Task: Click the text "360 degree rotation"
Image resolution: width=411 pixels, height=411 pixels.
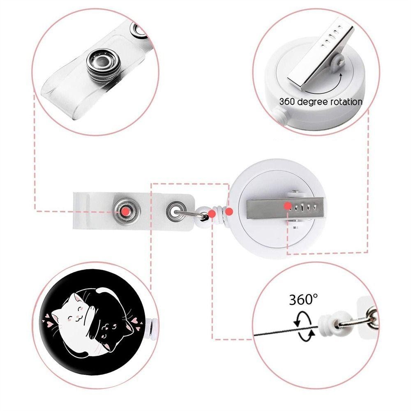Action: [321, 102]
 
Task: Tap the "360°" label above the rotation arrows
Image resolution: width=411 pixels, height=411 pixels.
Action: [303, 300]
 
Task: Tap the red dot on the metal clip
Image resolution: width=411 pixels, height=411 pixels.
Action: [288, 206]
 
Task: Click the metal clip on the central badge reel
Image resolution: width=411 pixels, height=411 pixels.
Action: [285, 208]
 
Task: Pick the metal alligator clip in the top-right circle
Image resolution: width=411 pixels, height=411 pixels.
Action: [320, 55]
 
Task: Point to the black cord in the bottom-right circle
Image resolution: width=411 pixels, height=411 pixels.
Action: [286, 331]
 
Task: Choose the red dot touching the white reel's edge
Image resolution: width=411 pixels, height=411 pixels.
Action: [229, 211]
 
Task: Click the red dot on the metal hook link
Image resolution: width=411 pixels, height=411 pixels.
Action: [212, 214]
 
